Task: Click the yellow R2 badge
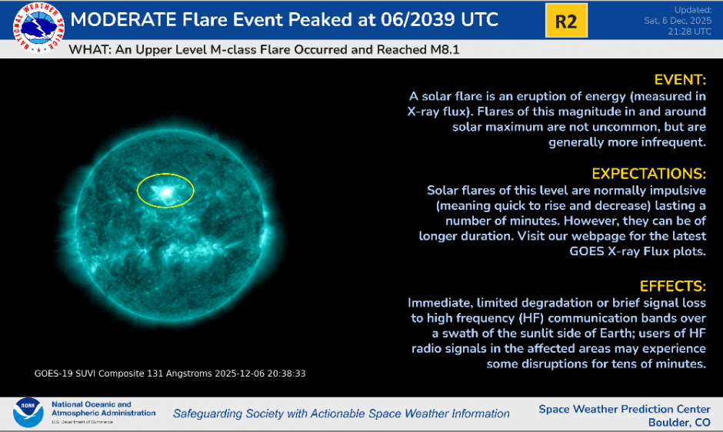click(565, 22)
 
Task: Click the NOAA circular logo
click(28, 413)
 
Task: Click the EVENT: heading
click(680, 80)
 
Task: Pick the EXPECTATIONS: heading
click(648, 173)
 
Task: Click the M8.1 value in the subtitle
click(450, 50)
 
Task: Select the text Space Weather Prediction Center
click(625, 409)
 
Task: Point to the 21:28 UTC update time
click(691, 32)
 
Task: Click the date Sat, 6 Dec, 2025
click(676, 21)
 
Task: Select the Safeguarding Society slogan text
click(341, 414)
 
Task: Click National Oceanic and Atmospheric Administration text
click(102, 409)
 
